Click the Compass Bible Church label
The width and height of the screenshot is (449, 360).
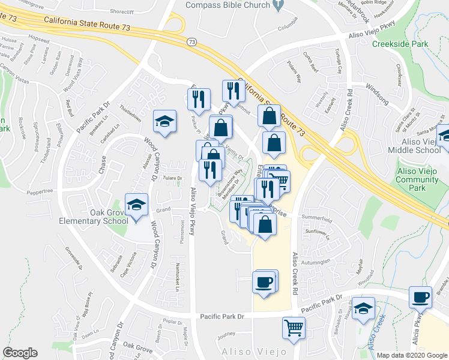227,5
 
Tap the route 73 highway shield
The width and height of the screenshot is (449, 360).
191,41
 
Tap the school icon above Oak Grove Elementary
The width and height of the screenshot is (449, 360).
137,205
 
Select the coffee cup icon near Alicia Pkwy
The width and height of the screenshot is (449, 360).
420,296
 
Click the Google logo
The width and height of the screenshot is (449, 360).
20,352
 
